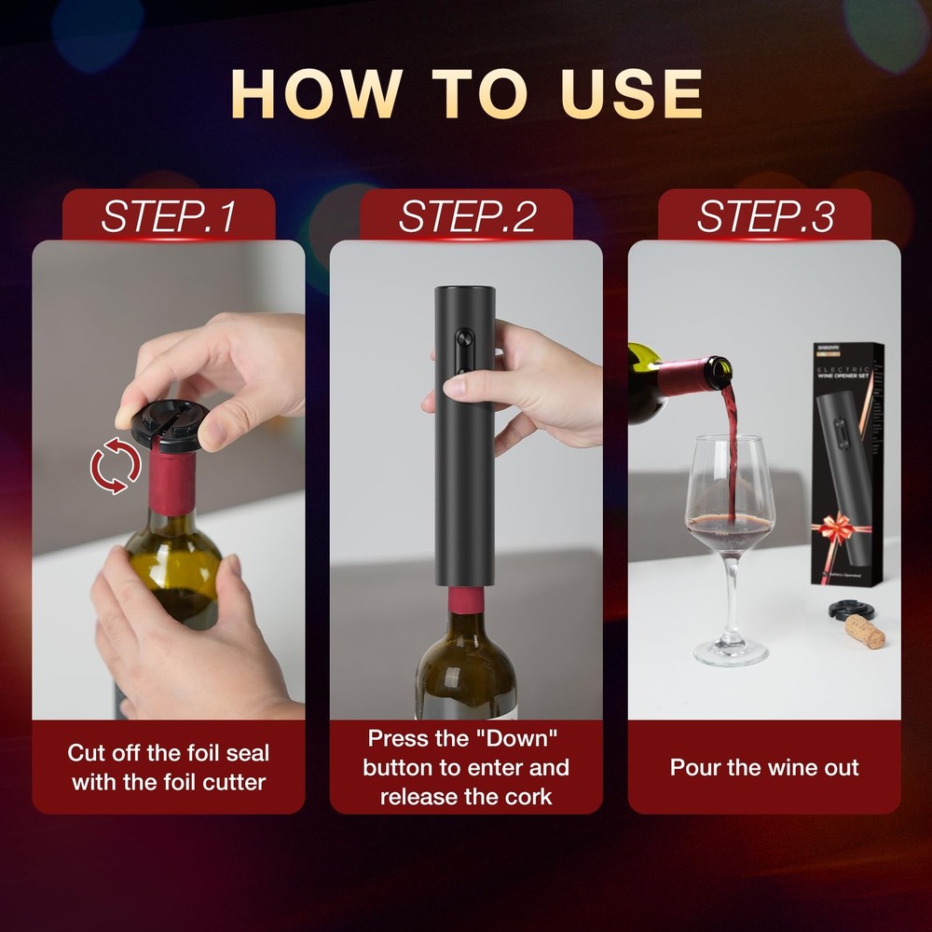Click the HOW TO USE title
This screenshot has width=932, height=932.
click(x=466, y=93)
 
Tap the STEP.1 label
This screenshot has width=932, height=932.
click(x=169, y=216)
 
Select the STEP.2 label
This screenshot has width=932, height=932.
click(x=467, y=216)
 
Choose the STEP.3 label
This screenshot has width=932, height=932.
click(x=765, y=216)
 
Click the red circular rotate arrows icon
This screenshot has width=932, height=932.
click(x=116, y=468)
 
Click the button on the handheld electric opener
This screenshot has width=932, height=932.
click(x=457, y=354)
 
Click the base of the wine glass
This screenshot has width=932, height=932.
click(x=731, y=651)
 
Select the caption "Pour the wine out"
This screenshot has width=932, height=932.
click(x=764, y=768)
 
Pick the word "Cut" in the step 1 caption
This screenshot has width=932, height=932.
click(x=86, y=752)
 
